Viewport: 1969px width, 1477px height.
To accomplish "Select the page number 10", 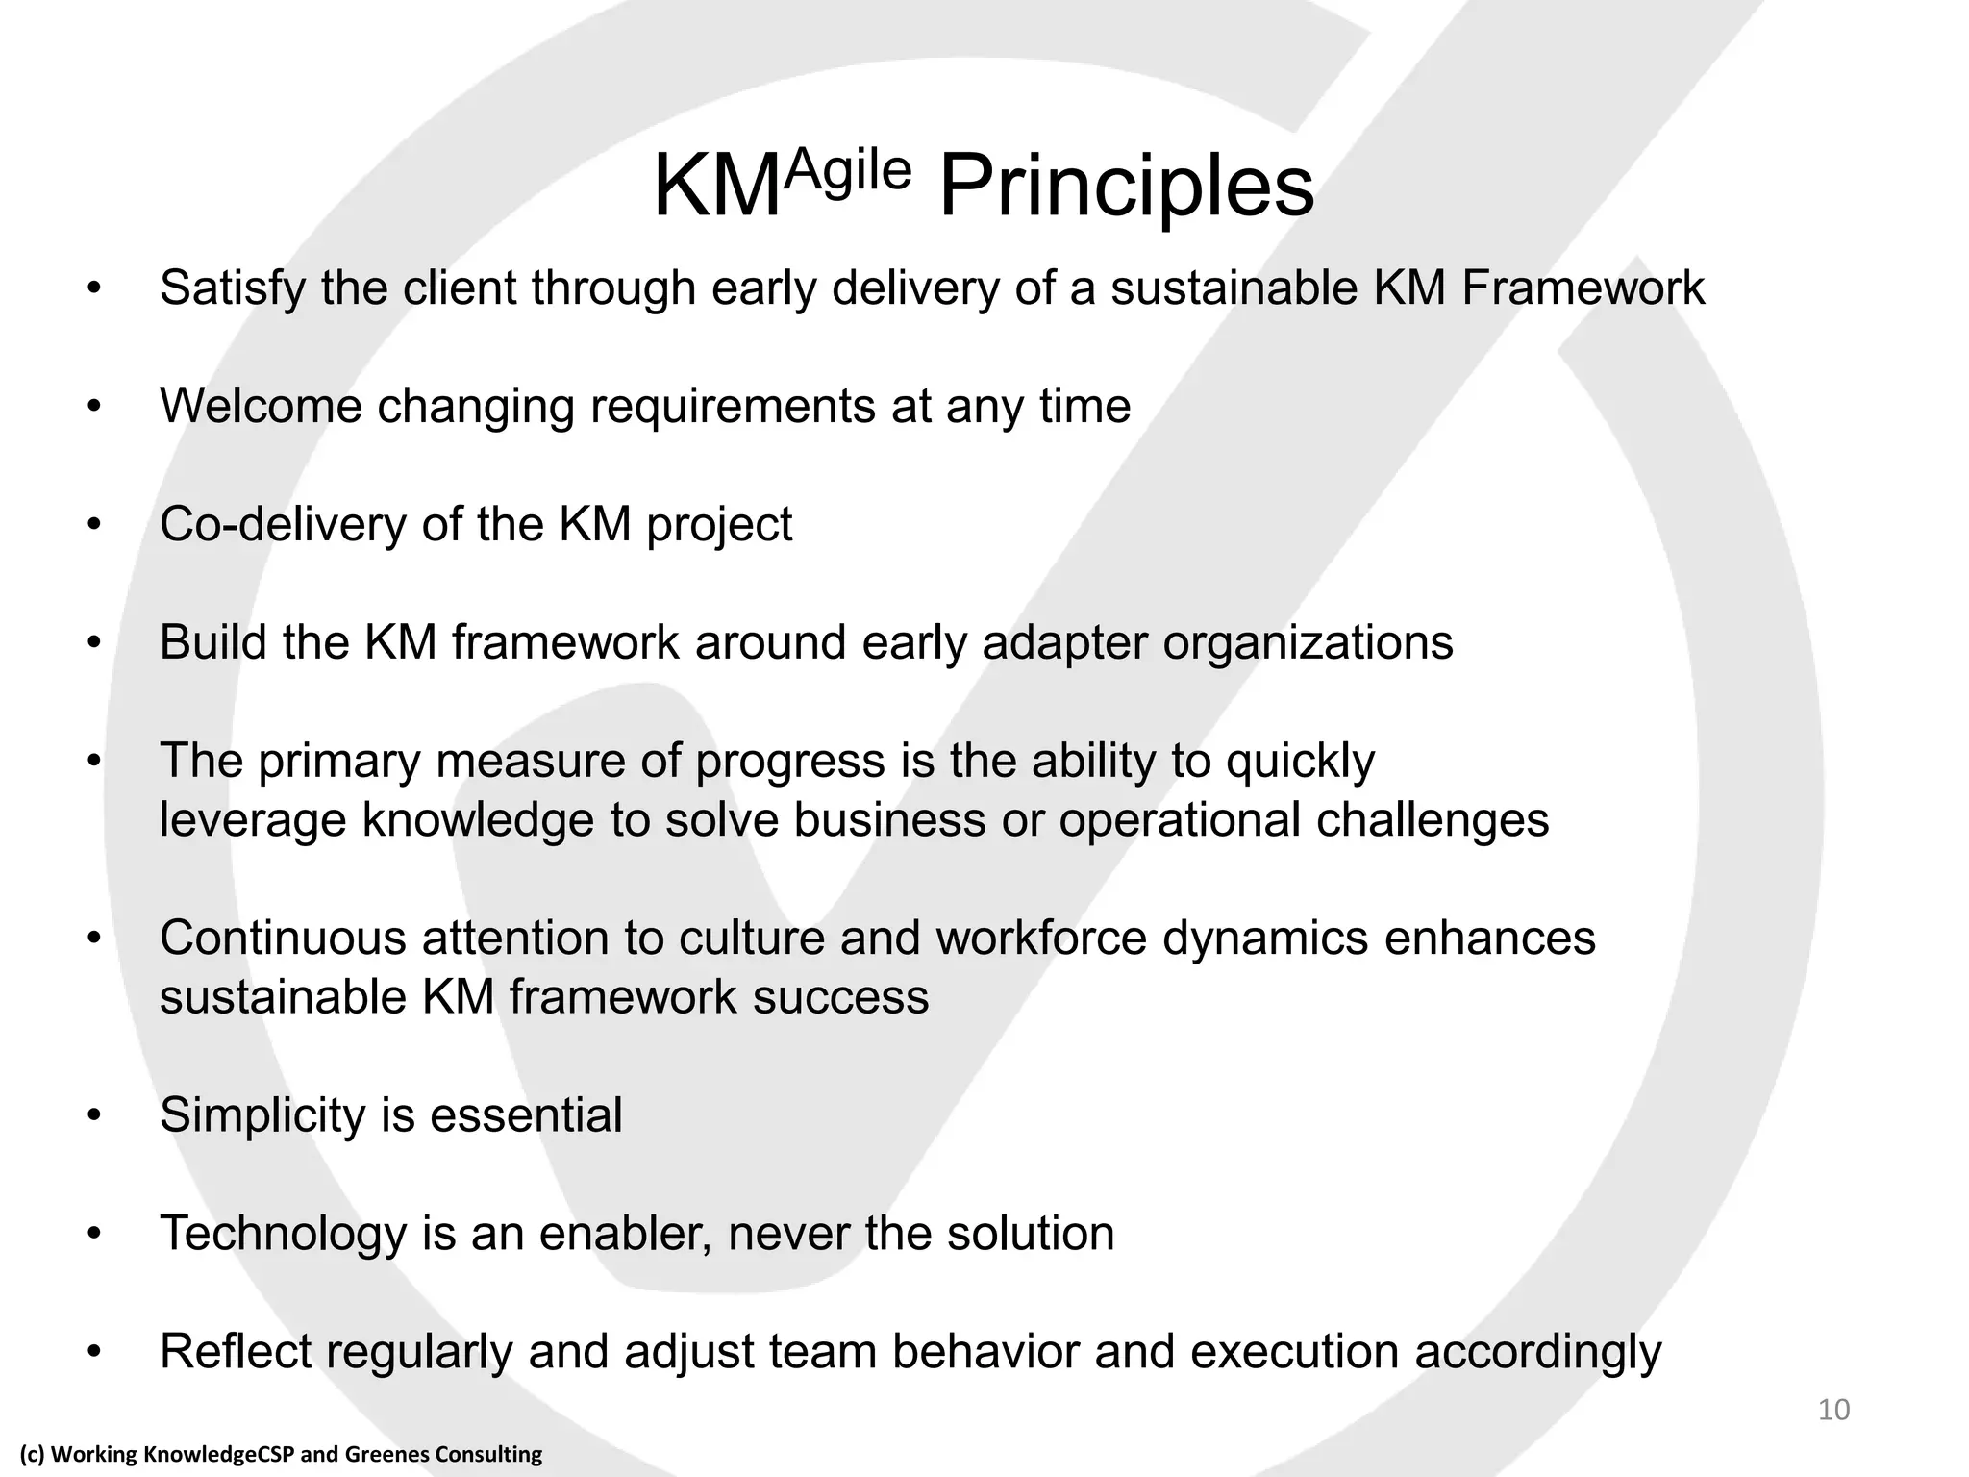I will [1833, 1410].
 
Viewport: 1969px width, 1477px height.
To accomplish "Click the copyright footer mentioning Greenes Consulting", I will [281, 1454].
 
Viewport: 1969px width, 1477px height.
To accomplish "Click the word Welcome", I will [261, 406].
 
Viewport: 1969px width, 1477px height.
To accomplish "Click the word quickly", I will [1300, 762].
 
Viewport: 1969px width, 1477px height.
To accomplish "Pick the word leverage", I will [252, 821].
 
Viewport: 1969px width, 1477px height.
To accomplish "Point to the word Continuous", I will [283, 938].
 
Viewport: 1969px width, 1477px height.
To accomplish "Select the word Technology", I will [283, 1234].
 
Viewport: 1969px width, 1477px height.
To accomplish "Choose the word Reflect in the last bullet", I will [236, 1352].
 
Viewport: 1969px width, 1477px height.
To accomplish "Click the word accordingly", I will [1537, 1352].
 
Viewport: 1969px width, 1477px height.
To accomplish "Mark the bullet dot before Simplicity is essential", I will [93, 1116].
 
